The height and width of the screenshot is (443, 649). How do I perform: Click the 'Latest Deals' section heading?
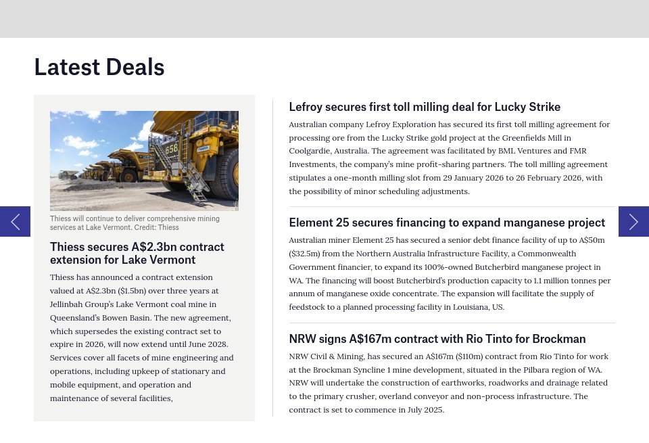tap(99, 67)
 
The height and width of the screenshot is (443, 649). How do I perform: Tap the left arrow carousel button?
tap(15, 221)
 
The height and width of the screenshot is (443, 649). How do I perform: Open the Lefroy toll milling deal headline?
tap(425, 107)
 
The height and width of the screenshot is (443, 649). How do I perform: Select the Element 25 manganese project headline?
tap(447, 223)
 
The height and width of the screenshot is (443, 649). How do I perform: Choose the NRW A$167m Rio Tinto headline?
tap(437, 339)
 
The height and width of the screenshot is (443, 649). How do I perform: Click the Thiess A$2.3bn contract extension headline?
tap(137, 253)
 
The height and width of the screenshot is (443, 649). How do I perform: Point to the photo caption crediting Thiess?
tap(135, 223)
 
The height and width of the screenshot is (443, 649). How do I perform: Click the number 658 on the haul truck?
tap(172, 147)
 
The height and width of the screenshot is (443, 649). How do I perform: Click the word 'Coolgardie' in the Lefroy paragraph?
tap(309, 151)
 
